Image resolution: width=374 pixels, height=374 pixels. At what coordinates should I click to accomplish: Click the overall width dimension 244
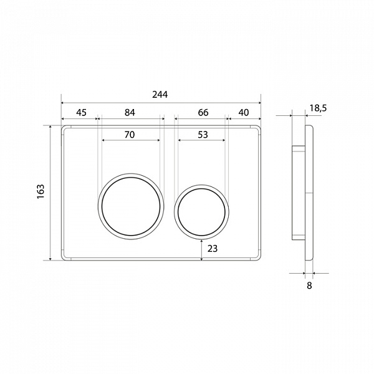[160, 95]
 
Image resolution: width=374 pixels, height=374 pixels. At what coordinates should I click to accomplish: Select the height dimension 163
[41, 191]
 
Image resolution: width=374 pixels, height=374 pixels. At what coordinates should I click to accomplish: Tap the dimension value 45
[81, 112]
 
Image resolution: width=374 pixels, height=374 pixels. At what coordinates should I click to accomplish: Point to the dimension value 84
[130, 112]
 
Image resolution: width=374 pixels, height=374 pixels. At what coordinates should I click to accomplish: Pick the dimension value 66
[203, 112]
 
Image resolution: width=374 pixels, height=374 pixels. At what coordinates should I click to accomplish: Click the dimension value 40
[244, 112]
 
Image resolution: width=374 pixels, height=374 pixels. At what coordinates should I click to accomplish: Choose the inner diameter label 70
[130, 135]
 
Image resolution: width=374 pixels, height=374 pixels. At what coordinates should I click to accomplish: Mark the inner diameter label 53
[203, 135]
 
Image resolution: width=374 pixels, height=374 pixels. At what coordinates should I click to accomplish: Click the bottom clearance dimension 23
[213, 249]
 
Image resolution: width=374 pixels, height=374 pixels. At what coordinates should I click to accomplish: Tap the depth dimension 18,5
[318, 108]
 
